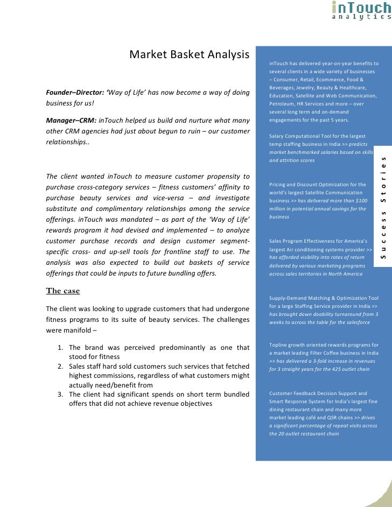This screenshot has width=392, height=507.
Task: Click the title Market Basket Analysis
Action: pyautogui.click(x=189, y=55)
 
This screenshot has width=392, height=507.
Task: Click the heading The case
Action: pyautogui.click(x=63, y=291)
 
